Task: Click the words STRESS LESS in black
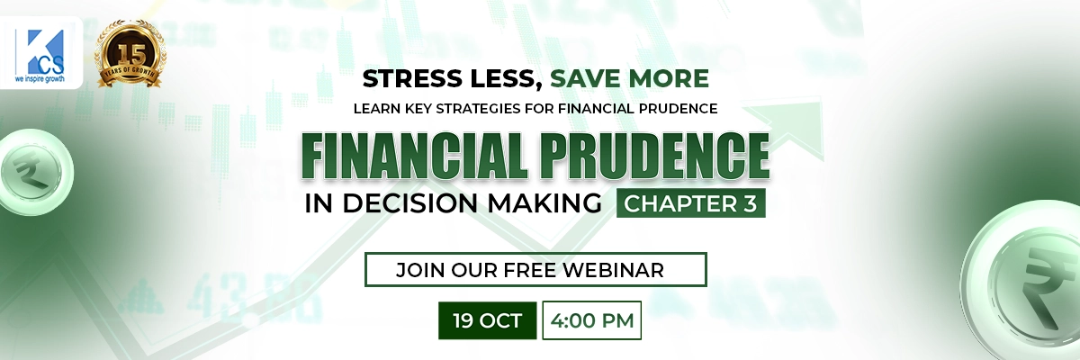450,79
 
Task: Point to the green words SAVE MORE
629,79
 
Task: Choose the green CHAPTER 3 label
691,204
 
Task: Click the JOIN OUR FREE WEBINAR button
535,269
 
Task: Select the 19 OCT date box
487,320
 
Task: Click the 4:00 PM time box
591,320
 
